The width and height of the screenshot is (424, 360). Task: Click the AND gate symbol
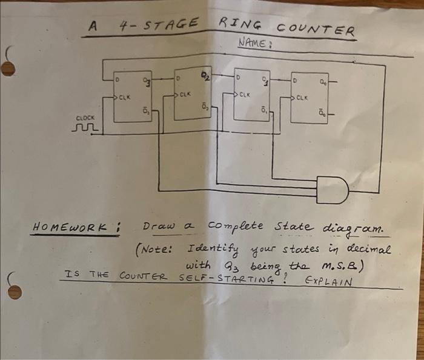331,190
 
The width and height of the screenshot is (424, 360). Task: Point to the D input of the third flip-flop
239,78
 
